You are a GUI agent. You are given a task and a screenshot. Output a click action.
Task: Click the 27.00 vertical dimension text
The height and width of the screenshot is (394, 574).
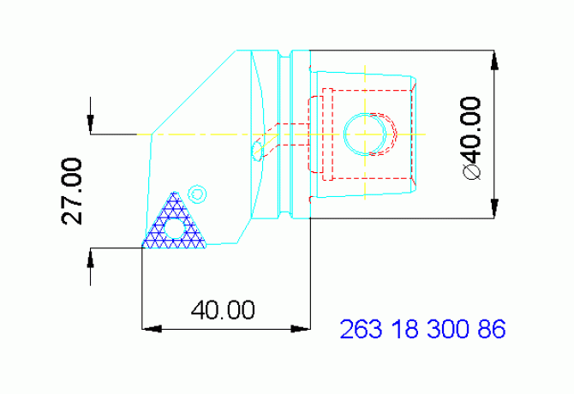pyautogui.click(x=73, y=190)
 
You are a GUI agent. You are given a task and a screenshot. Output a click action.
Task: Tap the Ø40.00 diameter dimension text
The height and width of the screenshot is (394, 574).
pyautogui.click(x=470, y=137)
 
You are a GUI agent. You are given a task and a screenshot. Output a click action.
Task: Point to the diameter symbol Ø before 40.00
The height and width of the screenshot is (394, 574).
pyautogui.click(x=470, y=171)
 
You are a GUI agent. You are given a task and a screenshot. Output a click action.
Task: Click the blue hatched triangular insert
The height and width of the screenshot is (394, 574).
pyautogui.click(x=175, y=224)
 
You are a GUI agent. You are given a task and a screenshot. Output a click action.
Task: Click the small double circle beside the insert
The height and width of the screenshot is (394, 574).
pyautogui.click(x=197, y=193)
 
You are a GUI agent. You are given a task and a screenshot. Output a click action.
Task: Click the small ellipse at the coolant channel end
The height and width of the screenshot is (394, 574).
pyautogui.click(x=256, y=152)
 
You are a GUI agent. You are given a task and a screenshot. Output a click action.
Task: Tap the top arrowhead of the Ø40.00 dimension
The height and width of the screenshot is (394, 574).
pyautogui.click(x=494, y=60)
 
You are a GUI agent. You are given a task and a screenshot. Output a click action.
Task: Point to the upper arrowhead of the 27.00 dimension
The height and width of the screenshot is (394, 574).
pyautogui.click(x=91, y=125)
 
